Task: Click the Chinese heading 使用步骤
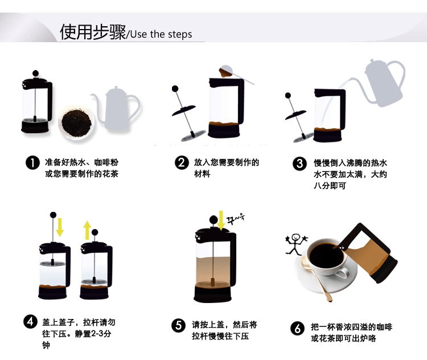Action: [92, 32]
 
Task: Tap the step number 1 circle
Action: [32, 163]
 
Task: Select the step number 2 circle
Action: [182, 163]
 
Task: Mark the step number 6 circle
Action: [297, 328]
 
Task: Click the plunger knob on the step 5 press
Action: [214, 219]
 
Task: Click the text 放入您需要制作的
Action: [226, 162]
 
